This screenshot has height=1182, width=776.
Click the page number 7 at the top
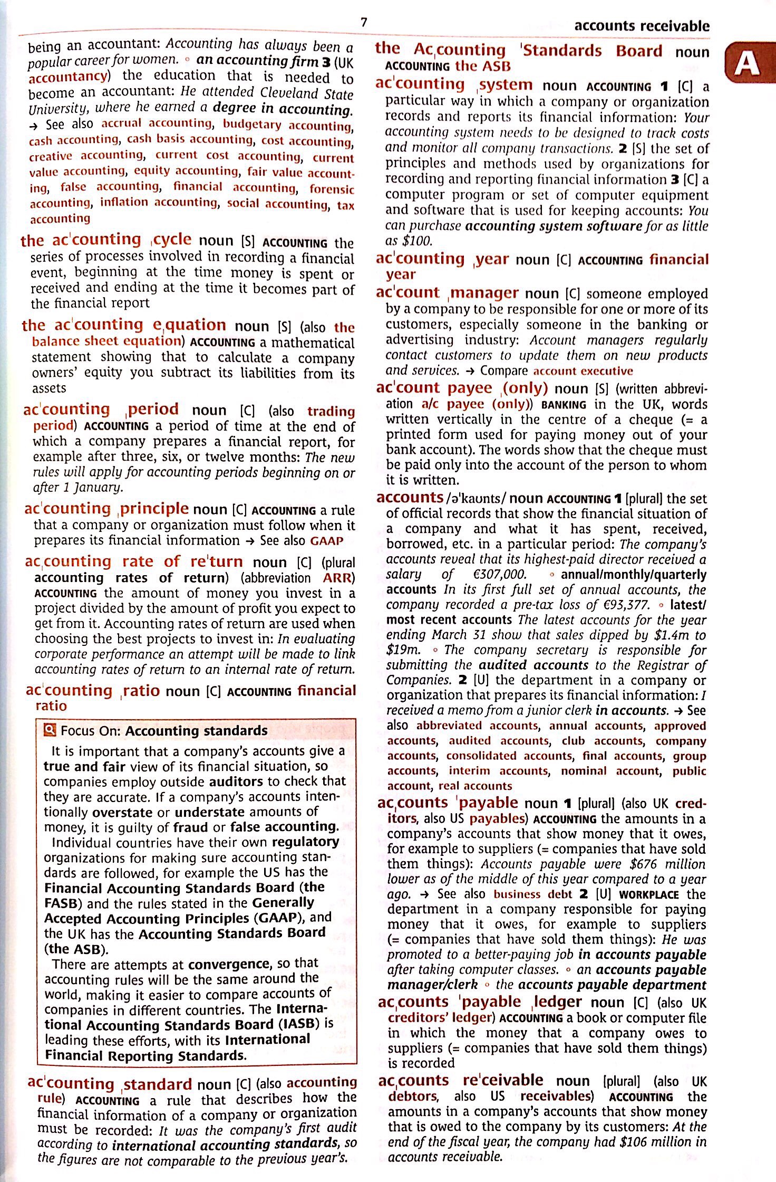point(363,22)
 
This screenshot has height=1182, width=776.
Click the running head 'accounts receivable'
point(642,26)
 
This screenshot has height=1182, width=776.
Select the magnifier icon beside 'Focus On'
point(51,730)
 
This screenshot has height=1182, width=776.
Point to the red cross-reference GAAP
point(327,541)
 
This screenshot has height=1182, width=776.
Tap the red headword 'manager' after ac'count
point(484,293)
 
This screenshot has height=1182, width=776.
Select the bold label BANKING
point(564,405)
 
